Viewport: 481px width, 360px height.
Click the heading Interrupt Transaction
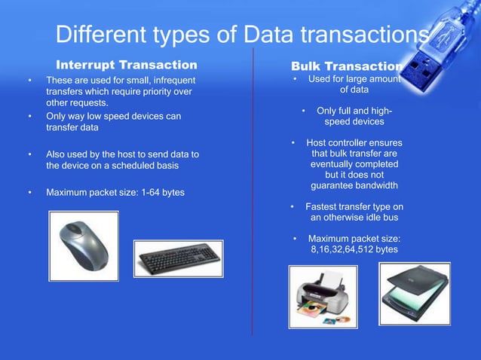click(127, 64)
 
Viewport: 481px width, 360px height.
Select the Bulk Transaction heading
click(347, 66)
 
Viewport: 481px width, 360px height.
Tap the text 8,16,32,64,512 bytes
click(354, 249)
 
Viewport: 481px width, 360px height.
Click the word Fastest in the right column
click(323, 206)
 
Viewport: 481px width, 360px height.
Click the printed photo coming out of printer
click(314, 309)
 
